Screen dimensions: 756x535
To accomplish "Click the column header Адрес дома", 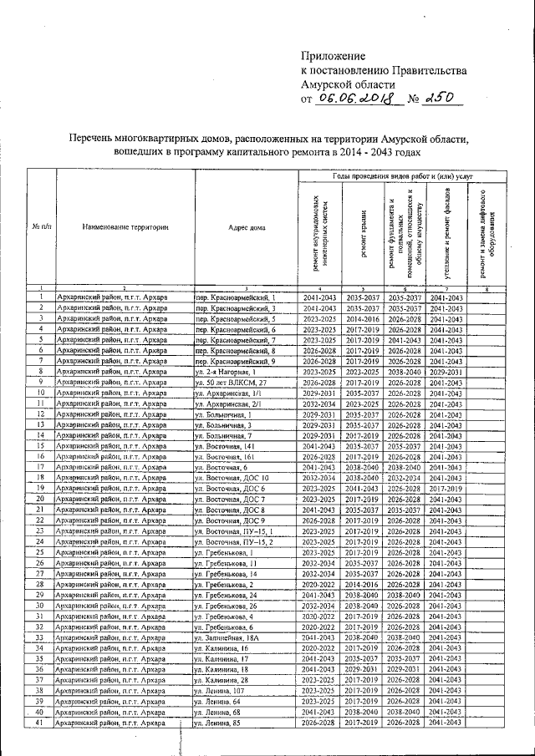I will pos(246,226).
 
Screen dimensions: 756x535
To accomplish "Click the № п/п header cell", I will pos(41,226).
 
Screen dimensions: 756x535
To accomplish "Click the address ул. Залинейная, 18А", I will pos(230,637).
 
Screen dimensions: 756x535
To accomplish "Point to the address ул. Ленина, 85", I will pos(222,722).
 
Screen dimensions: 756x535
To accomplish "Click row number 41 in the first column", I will pos(41,722).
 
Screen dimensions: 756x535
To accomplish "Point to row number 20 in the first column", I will pos(41,499).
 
